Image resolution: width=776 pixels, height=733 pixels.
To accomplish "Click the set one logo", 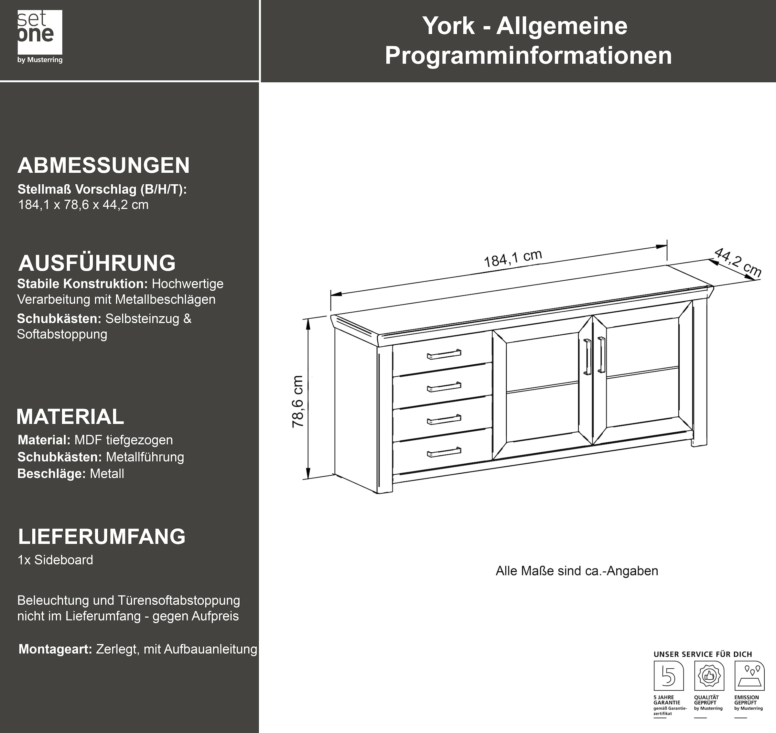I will coord(40,36).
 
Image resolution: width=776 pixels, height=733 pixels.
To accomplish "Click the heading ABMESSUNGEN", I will coord(103,165).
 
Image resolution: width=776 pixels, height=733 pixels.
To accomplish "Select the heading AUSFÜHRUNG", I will coord(97,263).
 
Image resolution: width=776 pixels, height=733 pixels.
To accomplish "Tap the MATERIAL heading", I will coord(70,416).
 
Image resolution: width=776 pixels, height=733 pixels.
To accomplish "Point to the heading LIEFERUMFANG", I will coord(102,536).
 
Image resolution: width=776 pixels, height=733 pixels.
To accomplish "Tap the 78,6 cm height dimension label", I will coord(298,401).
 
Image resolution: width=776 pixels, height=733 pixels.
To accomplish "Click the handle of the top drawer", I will coord(444,354).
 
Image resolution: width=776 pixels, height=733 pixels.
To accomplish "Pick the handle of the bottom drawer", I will coord(444,452).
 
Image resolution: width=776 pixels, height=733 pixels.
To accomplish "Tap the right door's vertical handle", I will coord(601,354).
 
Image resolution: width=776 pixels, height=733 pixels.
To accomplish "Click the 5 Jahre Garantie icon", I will coord(669,675).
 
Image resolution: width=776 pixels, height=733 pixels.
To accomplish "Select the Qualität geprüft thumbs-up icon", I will coord(709,675).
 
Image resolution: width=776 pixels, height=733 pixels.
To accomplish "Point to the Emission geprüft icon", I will coord(749,675).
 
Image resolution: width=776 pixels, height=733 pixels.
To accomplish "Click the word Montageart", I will coord(55,649).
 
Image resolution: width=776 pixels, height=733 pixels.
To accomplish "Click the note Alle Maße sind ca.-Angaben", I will coord(577,571).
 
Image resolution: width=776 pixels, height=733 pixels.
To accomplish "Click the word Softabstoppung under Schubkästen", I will coord(62,334).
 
